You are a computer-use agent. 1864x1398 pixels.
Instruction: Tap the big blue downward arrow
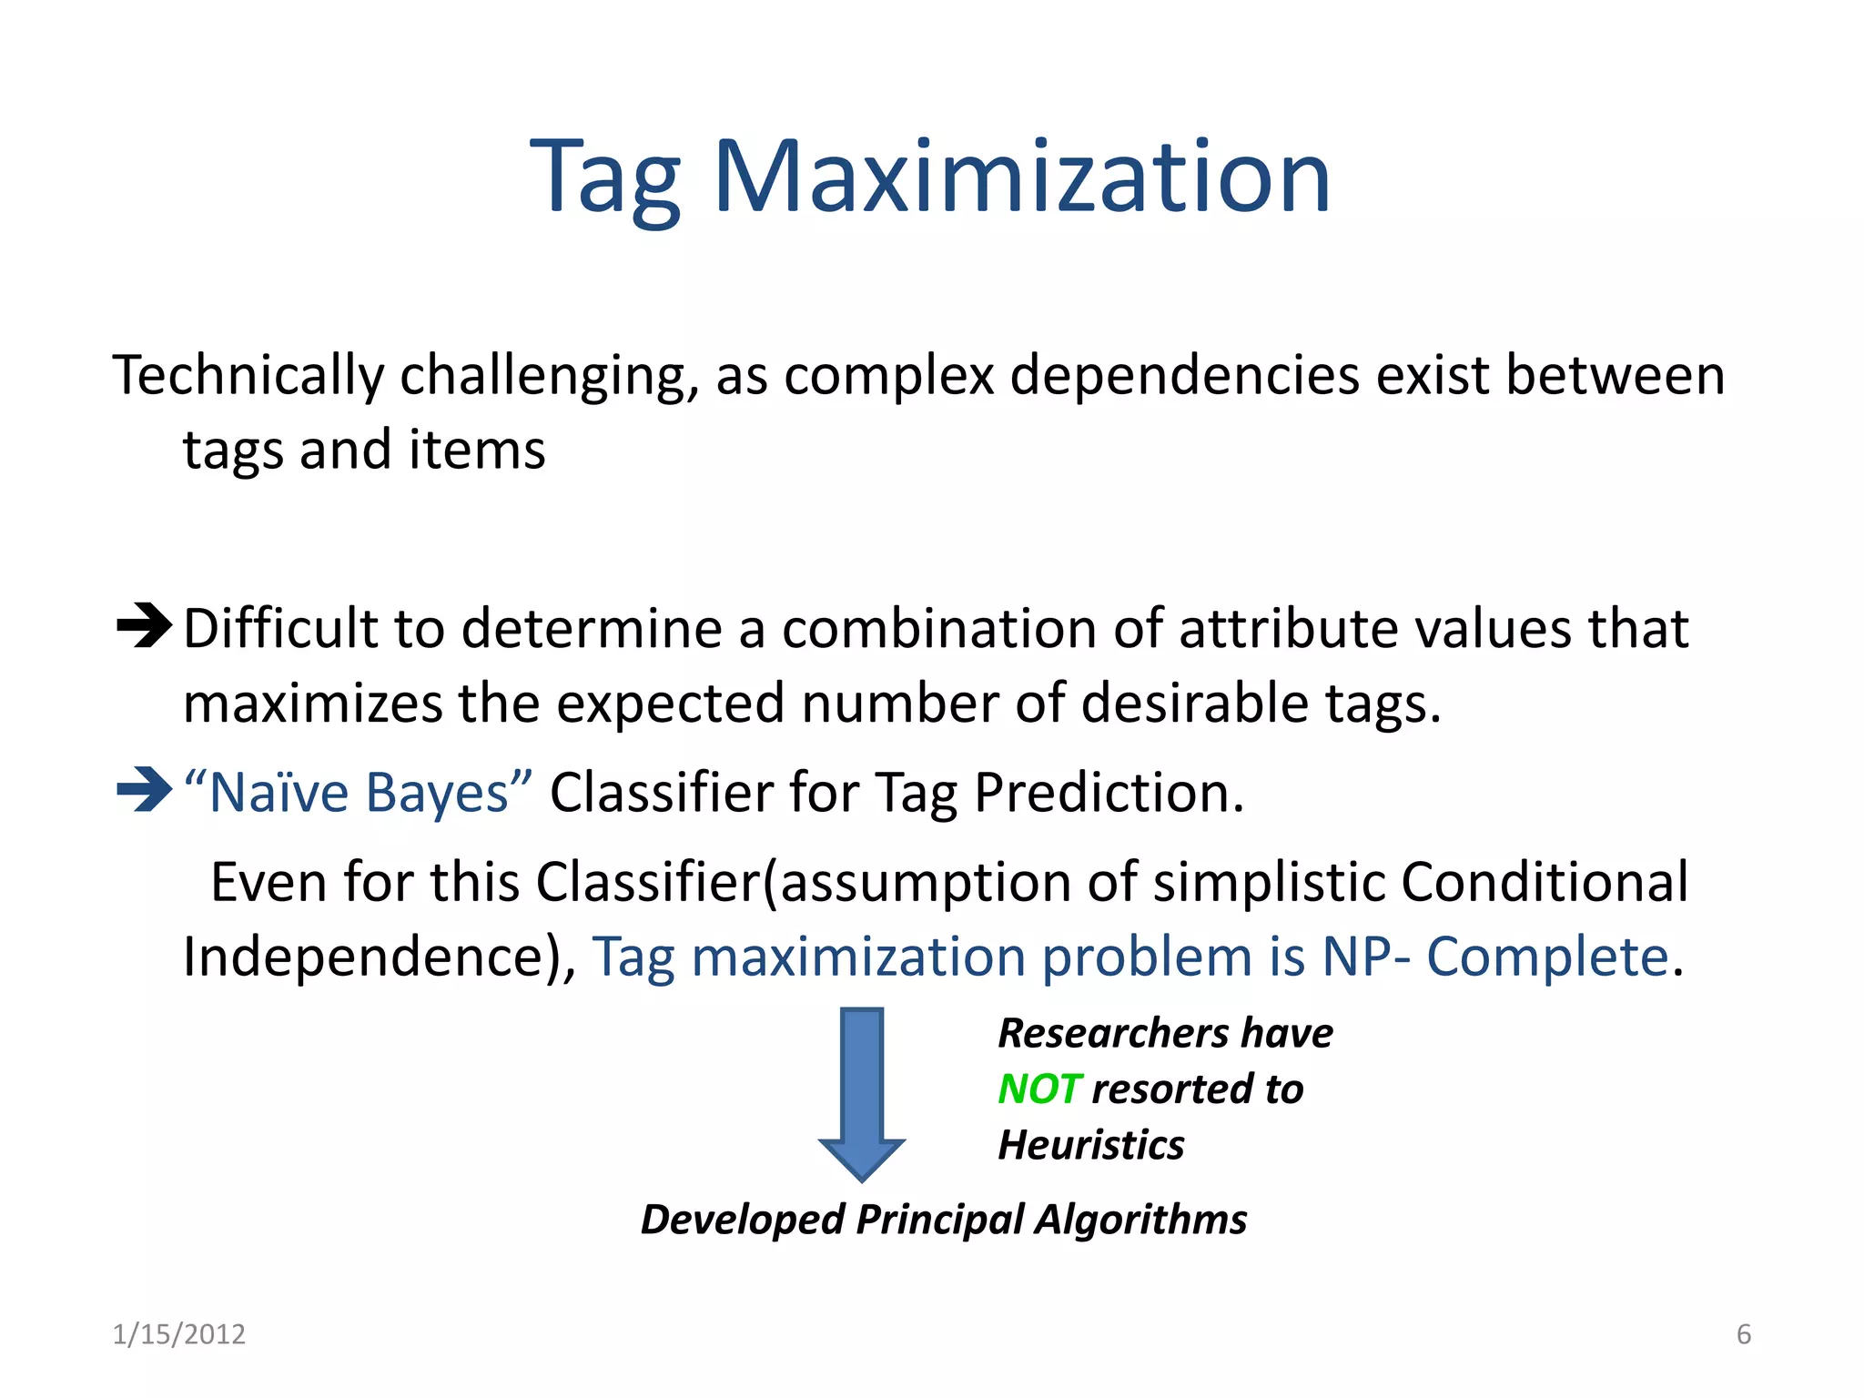point(862,1092)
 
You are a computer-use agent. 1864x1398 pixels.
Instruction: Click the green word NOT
point(1038,1089)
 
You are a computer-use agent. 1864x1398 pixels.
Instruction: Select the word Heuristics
point(1091,1145)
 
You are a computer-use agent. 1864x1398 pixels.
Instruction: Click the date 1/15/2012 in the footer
point(178,1334)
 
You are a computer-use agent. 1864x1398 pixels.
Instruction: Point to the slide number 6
point(1743,1334)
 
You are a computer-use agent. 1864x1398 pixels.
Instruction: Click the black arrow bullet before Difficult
point(144,626)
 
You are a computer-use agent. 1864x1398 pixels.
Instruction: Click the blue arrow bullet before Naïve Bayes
point(144,789)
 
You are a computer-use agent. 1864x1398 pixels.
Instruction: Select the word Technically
point(248,376)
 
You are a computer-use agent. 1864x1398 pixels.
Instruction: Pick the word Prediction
point(1108,792)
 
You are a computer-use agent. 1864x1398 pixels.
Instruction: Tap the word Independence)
point(379,957)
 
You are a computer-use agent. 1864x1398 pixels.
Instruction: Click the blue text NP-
point(1365,957)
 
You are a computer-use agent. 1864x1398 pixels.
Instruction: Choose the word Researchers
point(1113,1034)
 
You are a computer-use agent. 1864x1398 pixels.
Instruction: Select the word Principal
point(939,1220)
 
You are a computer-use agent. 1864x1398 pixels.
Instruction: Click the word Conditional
point(1544,882)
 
